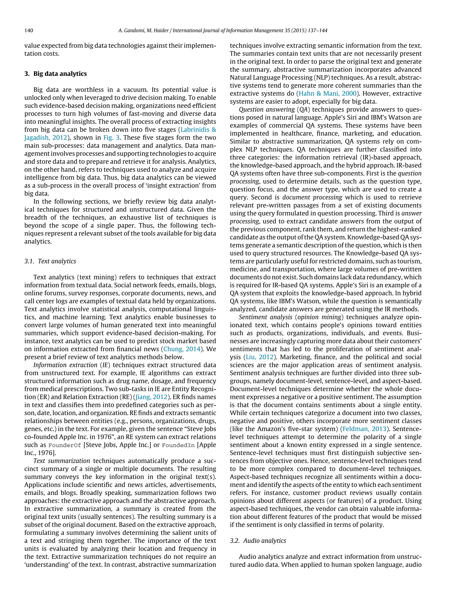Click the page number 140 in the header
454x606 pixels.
[x=29, y=30]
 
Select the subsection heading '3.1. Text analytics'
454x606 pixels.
[x=50, y=261]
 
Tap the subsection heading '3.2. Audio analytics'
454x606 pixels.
[x=258, y=541]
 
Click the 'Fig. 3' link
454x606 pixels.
[x=111, y=138]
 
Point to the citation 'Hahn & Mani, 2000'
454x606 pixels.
[x=328, y=93]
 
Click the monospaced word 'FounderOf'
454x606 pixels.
[x=65, y=445]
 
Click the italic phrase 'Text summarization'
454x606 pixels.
[x=62, y=461]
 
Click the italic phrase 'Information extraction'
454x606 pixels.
[x=65, y=365]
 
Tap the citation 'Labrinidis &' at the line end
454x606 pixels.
[x=198, y=130]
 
